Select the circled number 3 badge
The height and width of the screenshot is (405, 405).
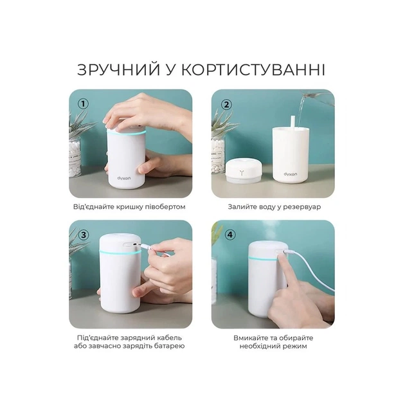pos(83,235)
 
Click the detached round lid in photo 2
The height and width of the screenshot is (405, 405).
pos(242,174)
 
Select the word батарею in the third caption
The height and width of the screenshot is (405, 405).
pos(169,346)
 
